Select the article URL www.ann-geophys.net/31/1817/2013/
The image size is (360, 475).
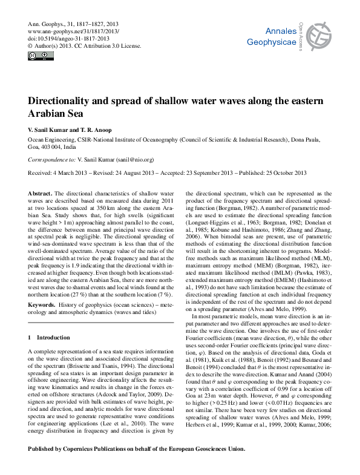[x=74, y=30]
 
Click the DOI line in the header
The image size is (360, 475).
[x=70, y=38]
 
